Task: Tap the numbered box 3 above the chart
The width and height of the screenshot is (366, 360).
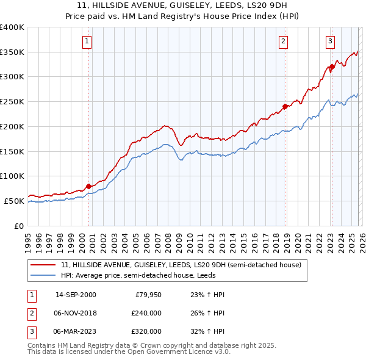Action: [x=330, y=41]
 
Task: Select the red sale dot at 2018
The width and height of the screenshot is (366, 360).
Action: [x=285, y=106]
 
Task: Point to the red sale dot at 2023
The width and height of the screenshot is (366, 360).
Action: [x=332, y=67]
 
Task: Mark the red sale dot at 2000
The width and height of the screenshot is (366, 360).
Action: [x=88, y=186]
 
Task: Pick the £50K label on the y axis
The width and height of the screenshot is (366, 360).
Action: [x=15, y=201]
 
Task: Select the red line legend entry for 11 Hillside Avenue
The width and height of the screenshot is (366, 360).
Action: [x=181, y=265]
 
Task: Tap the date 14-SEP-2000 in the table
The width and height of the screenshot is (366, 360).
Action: [x=75, y=295]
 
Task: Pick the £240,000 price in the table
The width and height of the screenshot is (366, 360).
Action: [x=146, y=313]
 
